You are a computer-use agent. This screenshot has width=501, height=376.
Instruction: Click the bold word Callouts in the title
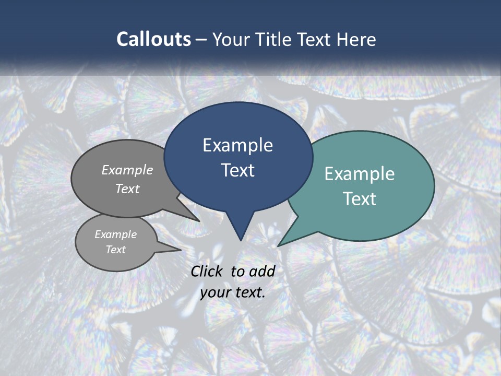[153, 40]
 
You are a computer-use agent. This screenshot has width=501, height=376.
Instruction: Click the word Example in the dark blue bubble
[237, 145]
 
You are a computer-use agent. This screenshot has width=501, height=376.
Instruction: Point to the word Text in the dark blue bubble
[237, 170]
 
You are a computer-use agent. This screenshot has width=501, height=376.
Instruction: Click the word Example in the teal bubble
[360, 174]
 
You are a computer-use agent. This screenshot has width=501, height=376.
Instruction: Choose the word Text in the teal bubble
[360, 199]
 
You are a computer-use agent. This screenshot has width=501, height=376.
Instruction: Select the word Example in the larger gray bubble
[127, 170]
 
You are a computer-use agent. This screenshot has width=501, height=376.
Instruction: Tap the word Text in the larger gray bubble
[127, 189]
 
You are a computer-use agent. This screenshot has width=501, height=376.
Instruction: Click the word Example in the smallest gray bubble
[116, 234]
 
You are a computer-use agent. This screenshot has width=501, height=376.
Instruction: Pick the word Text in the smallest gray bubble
[116, 250]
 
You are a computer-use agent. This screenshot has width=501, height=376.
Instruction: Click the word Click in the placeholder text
[208, 271]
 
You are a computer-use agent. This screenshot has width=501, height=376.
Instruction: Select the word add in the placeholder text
[262, 271]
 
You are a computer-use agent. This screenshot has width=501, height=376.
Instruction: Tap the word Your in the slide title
[230, 40]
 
